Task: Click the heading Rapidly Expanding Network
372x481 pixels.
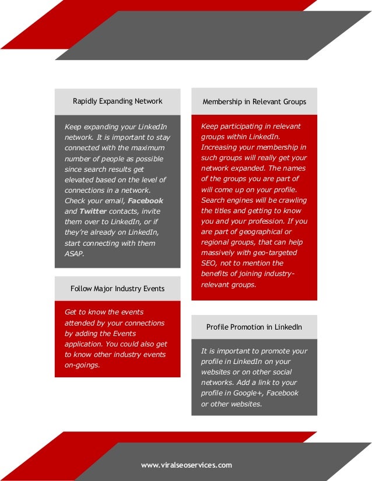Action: (x=117, y=101)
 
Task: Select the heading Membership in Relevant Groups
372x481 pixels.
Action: (x=254, y=102)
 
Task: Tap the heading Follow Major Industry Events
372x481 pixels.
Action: (x=117, y=289)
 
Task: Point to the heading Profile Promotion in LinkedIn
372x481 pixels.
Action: (x=254, y=327)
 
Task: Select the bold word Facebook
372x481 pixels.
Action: (x=146, y=201)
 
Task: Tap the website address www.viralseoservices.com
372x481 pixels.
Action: (x=186, y=465)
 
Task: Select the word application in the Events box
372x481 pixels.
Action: (x=84, y=344)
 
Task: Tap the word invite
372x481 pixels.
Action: (x=148, y=211)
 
